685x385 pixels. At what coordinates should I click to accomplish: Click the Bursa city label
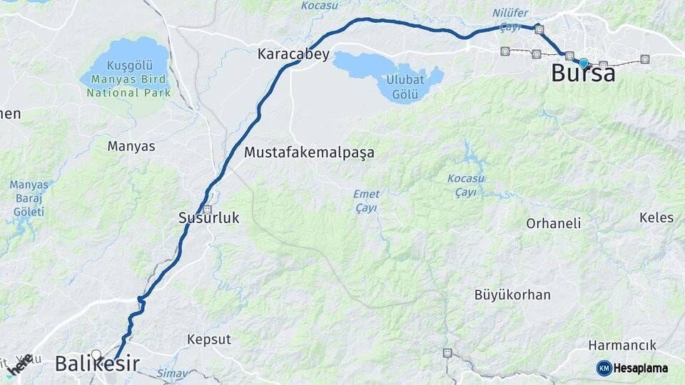(583, 73)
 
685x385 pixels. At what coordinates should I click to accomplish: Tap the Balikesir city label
(97, 364)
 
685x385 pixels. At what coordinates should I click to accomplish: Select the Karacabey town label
(293, 53)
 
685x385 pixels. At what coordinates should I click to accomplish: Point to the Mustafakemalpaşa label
(309, 153)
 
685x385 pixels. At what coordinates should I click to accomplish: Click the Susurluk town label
(208, 219)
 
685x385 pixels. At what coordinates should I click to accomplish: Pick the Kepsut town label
(209, 339)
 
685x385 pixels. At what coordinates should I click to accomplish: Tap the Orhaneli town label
(553, 223)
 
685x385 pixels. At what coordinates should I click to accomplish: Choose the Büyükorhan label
(512, 294)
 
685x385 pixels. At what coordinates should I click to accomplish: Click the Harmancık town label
(621, 345)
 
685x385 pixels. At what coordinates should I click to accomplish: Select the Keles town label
(656, 217)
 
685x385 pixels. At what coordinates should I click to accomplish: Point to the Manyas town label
(131, 146)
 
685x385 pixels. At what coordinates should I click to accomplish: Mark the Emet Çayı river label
(366, 200)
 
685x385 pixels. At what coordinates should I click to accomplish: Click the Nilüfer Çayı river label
(510, 20)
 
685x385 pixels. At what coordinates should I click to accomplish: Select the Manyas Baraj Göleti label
(29, 197)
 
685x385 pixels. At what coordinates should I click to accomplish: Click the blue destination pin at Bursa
(584, 63)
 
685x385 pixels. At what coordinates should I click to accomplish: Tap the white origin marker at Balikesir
(96, 354)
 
